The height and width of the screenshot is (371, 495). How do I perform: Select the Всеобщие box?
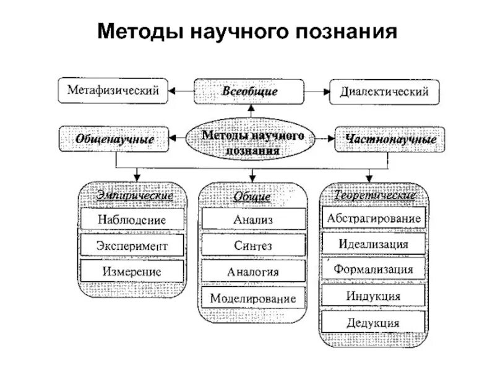pyautogui.click(x=249, y=92)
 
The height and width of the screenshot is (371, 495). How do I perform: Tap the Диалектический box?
pyautogui.click(x=384, y=92)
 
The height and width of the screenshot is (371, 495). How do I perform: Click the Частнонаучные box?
pyautogui.click(x=389, y=139)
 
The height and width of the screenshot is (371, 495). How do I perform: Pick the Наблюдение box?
pyautogui.click(x=132, y=220)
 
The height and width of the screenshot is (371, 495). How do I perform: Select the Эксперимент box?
pyautogui.click(x=132, y=245)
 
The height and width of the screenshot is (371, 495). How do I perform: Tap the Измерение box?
pyautogui.click(x=132, y=271)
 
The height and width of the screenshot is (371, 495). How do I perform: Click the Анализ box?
pyautogui.click(x=252, y=219)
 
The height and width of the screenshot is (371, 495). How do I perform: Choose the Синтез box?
pyautogui.click(x=252, y=245)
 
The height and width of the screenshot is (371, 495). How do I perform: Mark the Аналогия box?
pyautogui.click(x=252, y=271)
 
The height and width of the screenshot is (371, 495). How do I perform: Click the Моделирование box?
pyautogui.click(x=252, y=298)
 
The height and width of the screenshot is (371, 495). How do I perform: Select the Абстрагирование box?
pyautogui.click(x=373, y=218)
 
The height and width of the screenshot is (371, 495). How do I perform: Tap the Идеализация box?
pyautogui.click(x=373, y=244)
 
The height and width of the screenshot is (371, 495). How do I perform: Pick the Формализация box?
pyautogui.click(x=373, y=270)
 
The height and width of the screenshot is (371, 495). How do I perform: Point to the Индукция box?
pyautogui.click(x=373, y=296)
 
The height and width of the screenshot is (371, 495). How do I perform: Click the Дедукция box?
pyautogui.click(x=373, y=322)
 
